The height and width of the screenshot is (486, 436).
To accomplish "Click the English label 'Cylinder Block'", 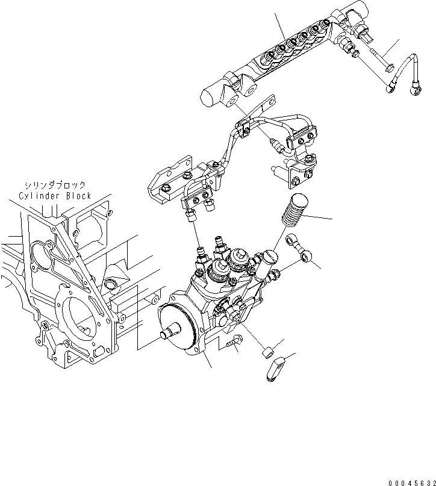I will pos(55,196).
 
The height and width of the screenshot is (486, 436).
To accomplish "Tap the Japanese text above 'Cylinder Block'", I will pos(55,185).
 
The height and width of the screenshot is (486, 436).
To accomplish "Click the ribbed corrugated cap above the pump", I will pos(297,208).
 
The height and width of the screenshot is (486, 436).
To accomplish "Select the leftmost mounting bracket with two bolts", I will pos(172,180).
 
